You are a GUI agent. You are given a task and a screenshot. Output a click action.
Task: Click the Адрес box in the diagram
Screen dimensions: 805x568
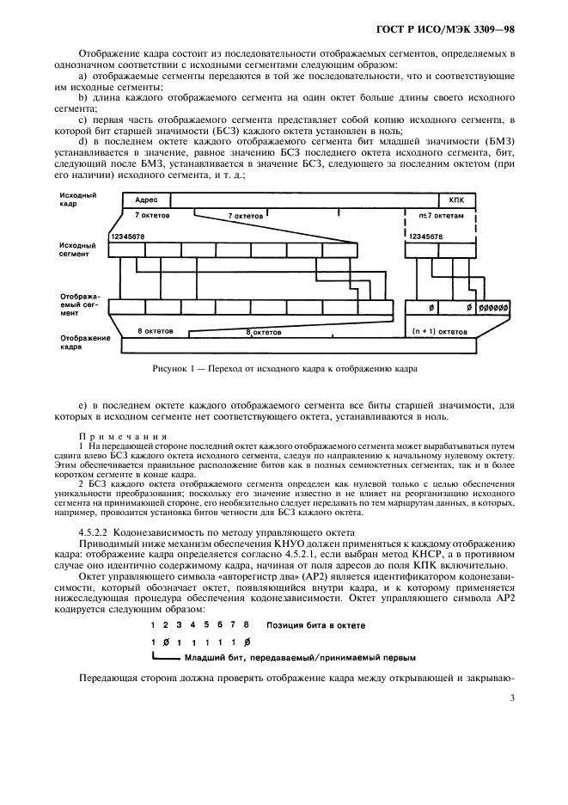click(x=146, y=199)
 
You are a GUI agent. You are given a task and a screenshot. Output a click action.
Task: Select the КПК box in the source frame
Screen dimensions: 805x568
click(x=455, y=199)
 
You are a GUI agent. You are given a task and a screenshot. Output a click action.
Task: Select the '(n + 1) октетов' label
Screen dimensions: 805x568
click(x=439, y=330)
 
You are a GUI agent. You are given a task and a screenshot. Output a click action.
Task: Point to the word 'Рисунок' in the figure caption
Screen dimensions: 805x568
click(x=170, y=369)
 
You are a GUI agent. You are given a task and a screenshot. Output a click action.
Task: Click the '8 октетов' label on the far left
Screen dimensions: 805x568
click(x=155, y=330)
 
